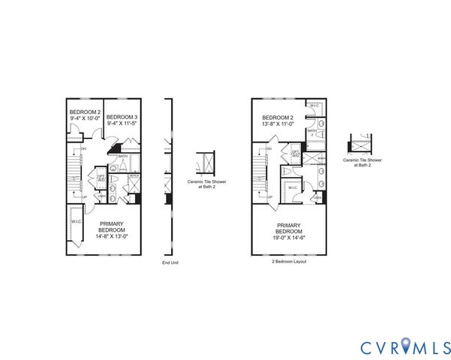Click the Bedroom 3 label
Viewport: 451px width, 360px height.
(x=122, y=118)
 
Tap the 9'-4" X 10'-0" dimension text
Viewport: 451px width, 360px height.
(x=84, y=118)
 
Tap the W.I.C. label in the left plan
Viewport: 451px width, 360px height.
(x=77, y=221)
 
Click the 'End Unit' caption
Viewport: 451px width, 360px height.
(x=170, y=262)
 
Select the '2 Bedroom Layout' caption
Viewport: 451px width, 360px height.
(x=289, y=262)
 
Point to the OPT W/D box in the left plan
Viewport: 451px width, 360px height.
(x=100, y=179)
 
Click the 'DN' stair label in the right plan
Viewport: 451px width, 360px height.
(x=269, y=148)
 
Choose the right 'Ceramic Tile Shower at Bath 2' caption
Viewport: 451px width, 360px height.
(x=360, y=162)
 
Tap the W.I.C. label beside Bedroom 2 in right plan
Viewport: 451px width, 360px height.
(x=314, y=105)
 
